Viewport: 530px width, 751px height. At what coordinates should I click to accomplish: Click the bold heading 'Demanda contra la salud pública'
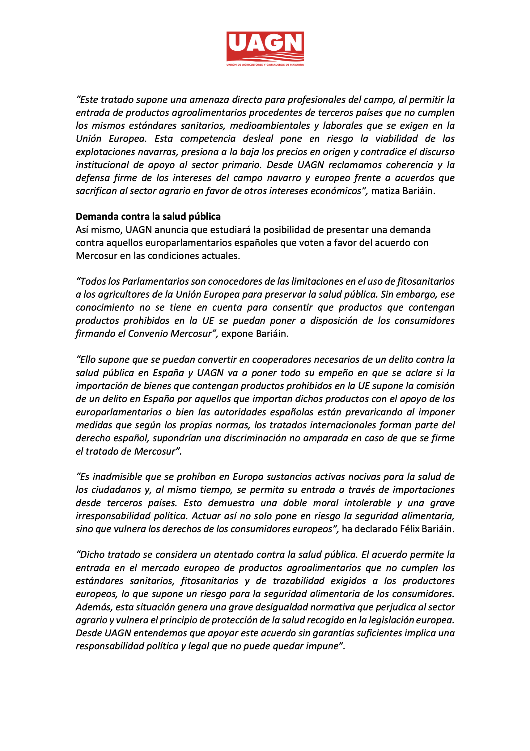[148, 217]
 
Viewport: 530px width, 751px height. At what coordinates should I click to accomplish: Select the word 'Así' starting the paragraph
[82, 230]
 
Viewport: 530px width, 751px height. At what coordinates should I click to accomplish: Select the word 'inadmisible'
[117, 477]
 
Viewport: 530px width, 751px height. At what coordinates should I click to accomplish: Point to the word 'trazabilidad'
[298, 581]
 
